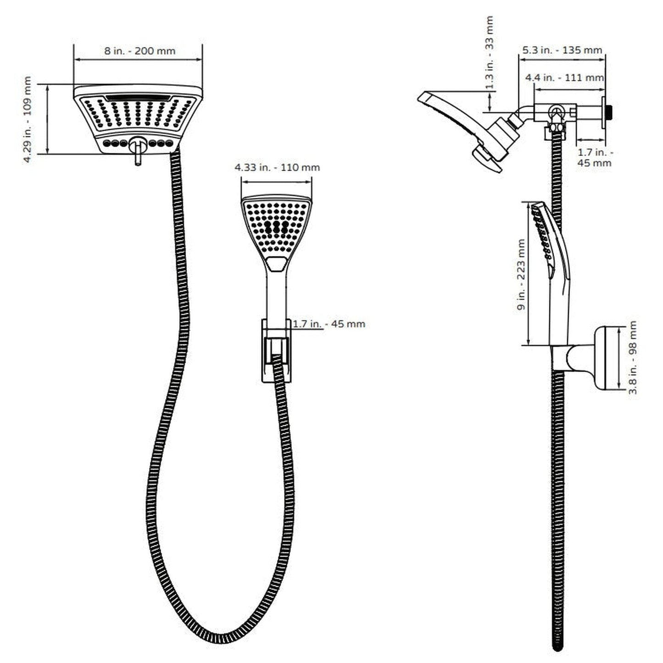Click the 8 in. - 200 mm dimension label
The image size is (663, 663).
(x=139, y=51)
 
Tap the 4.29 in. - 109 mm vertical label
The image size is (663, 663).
(x=28, y=119)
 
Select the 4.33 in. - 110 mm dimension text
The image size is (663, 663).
(x=277, y=168)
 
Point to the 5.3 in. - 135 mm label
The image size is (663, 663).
(x=562, y=50)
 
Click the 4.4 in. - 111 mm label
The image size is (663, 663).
(x=564, y=78)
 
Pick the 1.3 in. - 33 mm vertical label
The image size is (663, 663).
(x=490, y=53)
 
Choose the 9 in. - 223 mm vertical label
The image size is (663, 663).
(x=521, y=274)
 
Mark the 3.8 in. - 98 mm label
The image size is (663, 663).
(x=633, y=358)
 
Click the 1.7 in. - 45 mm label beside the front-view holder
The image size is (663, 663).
(x=329, y=324)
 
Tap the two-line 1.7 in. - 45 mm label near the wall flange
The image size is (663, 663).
(x=595, y=157)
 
